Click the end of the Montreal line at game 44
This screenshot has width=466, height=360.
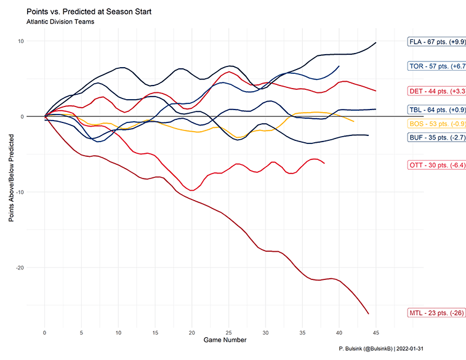click(369, 314)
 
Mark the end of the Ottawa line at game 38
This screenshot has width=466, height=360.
click(324, 163)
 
